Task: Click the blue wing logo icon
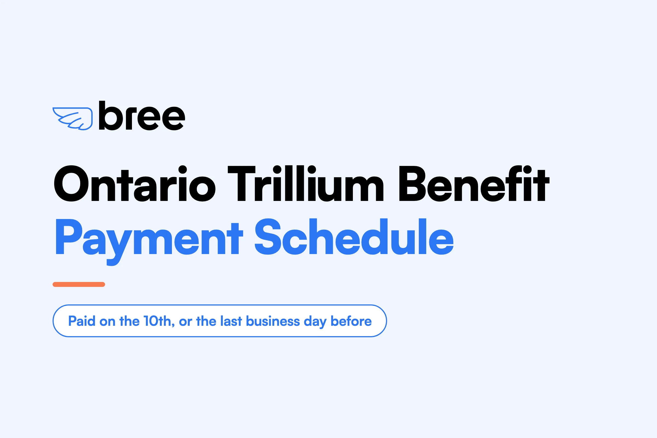click(x=73, y=119)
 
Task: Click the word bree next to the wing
click(x=142, y=115)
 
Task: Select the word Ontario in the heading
click(x=135, y=183)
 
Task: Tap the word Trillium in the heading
click(x=306, y=183)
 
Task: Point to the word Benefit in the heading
click(x=474, y=183)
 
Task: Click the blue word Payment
click(x=149, y=242)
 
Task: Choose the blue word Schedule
click(x=354, y=237)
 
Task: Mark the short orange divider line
click(x=79, y=284)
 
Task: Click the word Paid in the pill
click(x=82, y=321)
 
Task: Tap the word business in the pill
click(x=273, y=321)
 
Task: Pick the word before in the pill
click(x=351, y=321)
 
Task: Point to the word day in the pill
click(x=315, y=322)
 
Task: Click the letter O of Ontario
click(x=71, y=183)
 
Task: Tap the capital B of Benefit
click(x=412, y=183)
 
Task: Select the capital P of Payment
click(x=69, y=237)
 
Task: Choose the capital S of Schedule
click(x=268, y=237)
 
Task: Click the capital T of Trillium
click(x=242, y=183)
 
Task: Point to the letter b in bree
click(x=111, y=115)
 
